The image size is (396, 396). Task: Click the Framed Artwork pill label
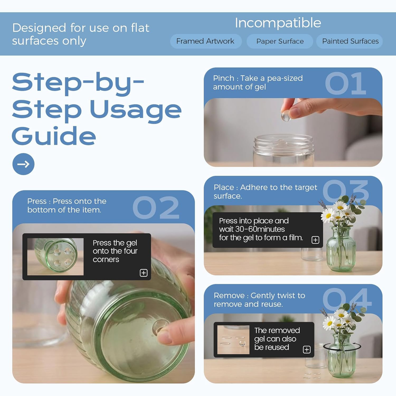[x=206, y=41]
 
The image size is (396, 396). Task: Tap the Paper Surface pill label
[x=280, y=41]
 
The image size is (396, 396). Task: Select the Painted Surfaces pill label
[x=350, y=41]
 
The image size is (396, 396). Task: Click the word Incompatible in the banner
[x=278, y=23]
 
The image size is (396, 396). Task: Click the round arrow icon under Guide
[x=23, y=164]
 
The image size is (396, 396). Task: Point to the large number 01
[x=345, y=83]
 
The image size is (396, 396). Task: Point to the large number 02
[x=156, y=208]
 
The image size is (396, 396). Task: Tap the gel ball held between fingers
[x=286, y=117]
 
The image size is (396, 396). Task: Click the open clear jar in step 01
[x=284, y=150]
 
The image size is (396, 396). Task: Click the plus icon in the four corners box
[x=144, y=273]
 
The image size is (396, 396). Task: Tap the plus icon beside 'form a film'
[x=316, y=240]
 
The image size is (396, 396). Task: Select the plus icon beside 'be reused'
[x=307, y=350]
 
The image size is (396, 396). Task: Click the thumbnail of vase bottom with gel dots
[x=55, y=257]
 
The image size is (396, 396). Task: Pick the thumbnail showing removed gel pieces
[x=233, y=340]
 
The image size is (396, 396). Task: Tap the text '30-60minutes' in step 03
[x=260, y=229]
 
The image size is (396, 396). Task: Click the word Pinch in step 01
[x=224, y=78]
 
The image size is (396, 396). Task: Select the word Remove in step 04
[x=229, y=295]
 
